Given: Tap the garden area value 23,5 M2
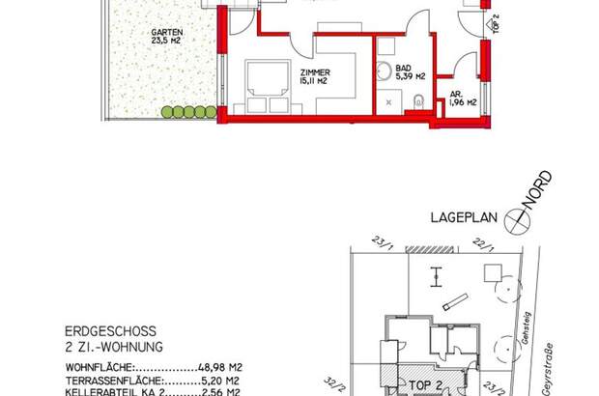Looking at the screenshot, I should click(x=166, y=42).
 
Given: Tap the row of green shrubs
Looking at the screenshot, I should click(x=187, y=113).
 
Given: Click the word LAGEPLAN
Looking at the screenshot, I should click(x=462, y=218).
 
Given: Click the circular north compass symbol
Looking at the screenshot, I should click(x=522, y=220).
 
